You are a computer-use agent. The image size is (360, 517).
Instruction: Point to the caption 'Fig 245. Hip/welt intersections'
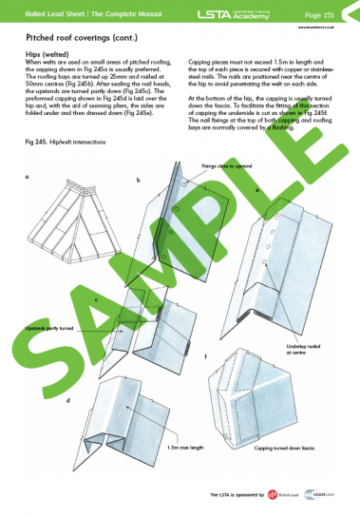point(65,142)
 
